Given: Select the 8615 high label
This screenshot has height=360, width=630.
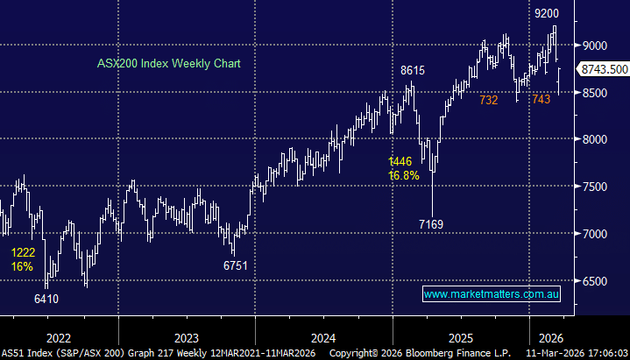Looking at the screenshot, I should [412, 69].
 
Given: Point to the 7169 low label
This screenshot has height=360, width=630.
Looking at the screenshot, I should [431, 224].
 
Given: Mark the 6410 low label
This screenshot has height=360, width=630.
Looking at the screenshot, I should [47, 298].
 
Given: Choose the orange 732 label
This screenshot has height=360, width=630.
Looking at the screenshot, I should [488, 101].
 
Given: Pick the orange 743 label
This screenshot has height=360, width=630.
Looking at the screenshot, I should [541, 101].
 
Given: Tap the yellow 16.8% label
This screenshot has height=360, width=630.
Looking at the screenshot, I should [405, 175].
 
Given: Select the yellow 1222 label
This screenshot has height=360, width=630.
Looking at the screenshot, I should [24, 252].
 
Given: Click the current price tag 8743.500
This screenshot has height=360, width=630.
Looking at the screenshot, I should [605, 69].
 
